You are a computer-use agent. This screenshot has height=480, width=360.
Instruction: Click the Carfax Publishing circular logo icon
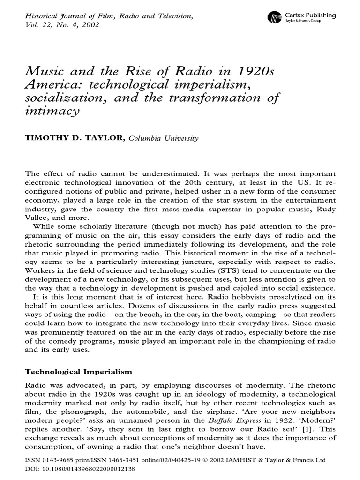pos(274,18)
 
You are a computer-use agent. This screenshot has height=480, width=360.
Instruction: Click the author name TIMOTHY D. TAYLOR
pos(72,138)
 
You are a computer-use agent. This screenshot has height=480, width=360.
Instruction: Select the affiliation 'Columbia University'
pos(163,138)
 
